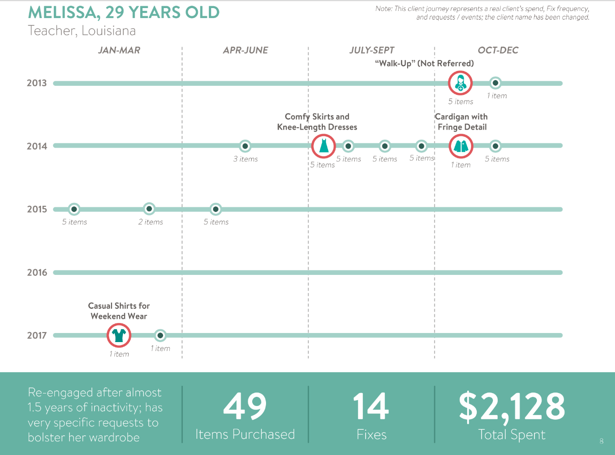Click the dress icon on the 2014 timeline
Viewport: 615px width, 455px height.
click(323, 146)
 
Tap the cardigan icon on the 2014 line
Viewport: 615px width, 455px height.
click(461, 146)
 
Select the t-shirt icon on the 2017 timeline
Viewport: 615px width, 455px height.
click(119, 335)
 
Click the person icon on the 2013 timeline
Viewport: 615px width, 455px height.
click(460, 83)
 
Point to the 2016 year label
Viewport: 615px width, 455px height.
click(37, 273)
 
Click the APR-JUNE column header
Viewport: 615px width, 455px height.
click(246, 50)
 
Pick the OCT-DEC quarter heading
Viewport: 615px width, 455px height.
click(498, 50)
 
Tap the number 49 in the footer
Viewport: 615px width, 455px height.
click(245, 406)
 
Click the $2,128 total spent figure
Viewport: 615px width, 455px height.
click(512, 407)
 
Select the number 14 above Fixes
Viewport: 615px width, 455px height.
click(371, 406)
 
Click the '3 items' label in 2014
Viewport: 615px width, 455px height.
click(246, 159)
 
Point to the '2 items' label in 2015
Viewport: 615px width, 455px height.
click(151, 222)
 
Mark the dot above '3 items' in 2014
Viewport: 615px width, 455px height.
click(245, 146)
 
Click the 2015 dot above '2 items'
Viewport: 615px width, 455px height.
click(149, 209)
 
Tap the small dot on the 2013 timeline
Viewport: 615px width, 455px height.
click(495, 82)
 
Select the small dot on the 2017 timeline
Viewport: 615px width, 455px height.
click(160, 335)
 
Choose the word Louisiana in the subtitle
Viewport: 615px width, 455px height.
click(108, 30)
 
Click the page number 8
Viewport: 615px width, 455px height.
click(602, 441)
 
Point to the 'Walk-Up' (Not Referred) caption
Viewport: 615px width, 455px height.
click(424, 63)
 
